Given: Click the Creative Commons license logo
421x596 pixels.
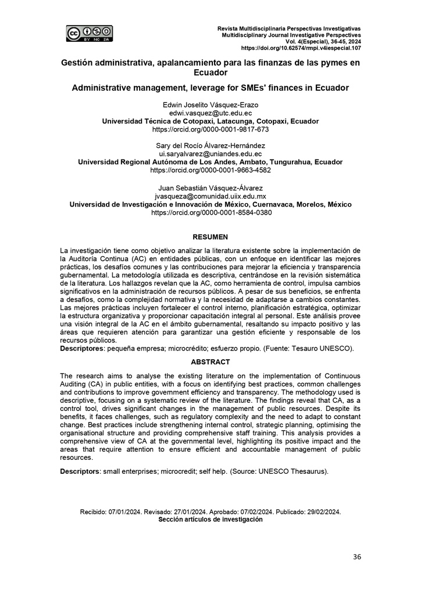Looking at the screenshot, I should pyautogui.click(x=90, y=34).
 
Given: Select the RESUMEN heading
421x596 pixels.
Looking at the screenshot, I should pyautogui.click(x=210, y=237).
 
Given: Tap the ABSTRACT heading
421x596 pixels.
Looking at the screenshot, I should pyautogui.click(x=210, y=361).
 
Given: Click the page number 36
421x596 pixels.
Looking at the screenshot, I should pyautogui.click(x=357, y=557).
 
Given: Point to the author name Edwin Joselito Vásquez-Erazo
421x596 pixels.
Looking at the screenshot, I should pyautogui.click(x=210, y=105).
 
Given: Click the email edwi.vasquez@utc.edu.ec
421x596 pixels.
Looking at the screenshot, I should pyautogui.click(x=210, y=113).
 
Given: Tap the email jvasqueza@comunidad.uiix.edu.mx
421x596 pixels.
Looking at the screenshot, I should pyautogui.click(x=210, y=197).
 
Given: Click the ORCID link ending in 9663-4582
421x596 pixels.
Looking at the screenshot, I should pyautogui.click(x=210, y=171).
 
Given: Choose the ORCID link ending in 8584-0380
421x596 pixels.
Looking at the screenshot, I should pyautogui.click(x=210, y=213).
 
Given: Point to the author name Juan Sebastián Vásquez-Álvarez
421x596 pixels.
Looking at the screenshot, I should pyautogui.click(x=210, y=189).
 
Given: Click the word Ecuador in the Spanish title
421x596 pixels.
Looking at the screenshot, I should pyautogui.click(x=210, y=73).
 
